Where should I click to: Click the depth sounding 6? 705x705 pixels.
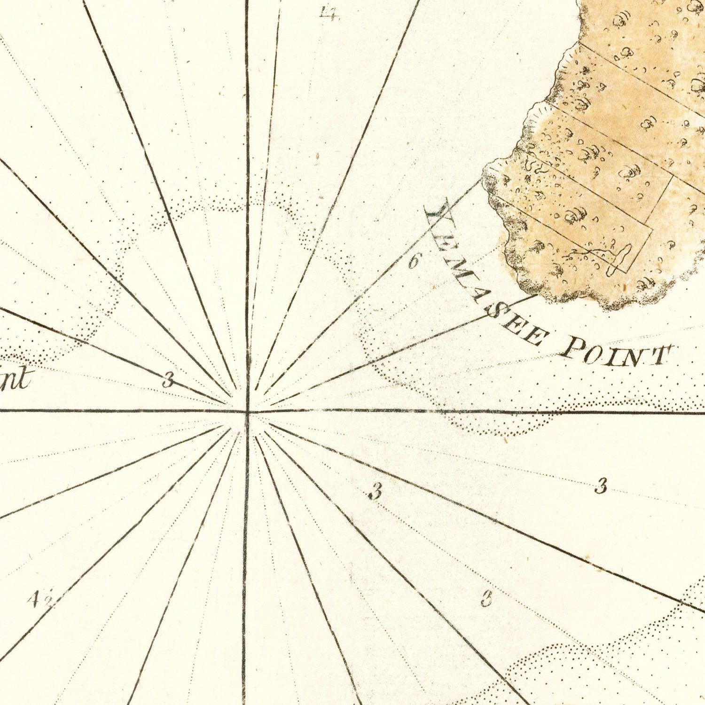(x=413, y=261)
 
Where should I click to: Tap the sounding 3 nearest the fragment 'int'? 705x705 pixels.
(x=167, y=379)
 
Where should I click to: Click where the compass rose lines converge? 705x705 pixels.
(x=247, y=412)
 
